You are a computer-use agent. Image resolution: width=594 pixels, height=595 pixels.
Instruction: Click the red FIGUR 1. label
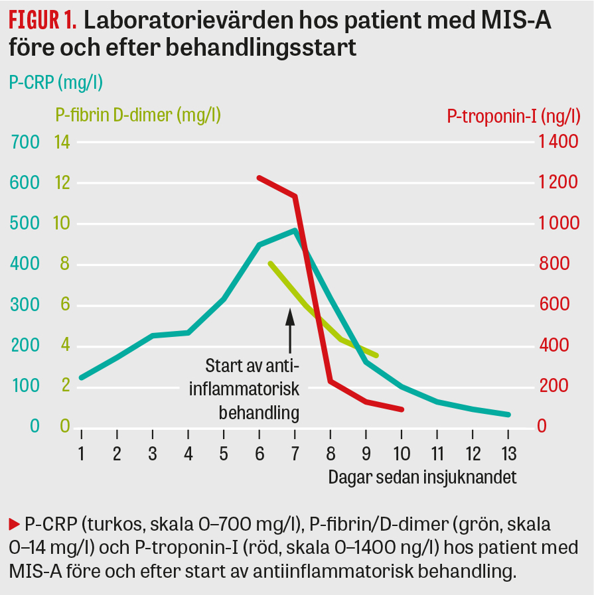pyautogui.click(x=42, y=21)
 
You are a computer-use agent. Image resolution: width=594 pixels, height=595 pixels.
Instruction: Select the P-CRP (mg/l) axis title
pyautogui.click(x=55, y=82)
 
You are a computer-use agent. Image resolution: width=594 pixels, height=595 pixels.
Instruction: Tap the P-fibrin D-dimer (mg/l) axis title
pyautogui.click(x=138, y=115)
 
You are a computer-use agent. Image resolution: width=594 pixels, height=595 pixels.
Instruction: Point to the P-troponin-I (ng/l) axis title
pyautogui.click(x=514, y=117)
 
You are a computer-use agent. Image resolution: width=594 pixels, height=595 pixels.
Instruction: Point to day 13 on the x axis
pyautogui.click(x=508, y=454)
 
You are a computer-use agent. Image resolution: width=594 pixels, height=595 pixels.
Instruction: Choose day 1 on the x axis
pyautogui.click(x=81, y=454)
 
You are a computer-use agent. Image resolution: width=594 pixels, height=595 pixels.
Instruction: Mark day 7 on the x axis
pyautogui.click(x=295, y=454)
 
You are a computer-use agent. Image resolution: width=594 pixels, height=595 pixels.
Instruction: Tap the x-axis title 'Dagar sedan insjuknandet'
pyautogui.click(x=422, y=477)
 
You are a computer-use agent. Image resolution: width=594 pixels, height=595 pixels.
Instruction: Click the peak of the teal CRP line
pyautogui.click(x=295, y=230)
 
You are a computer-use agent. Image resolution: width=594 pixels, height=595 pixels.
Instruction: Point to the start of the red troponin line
pyautogui.click(x=259, y=178)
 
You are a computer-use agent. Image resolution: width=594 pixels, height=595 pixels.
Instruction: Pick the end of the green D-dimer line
pyautogui.click(x=377, y=356)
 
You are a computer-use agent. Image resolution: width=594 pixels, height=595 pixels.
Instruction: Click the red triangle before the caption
pyautogui.click(x=14, y=524)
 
